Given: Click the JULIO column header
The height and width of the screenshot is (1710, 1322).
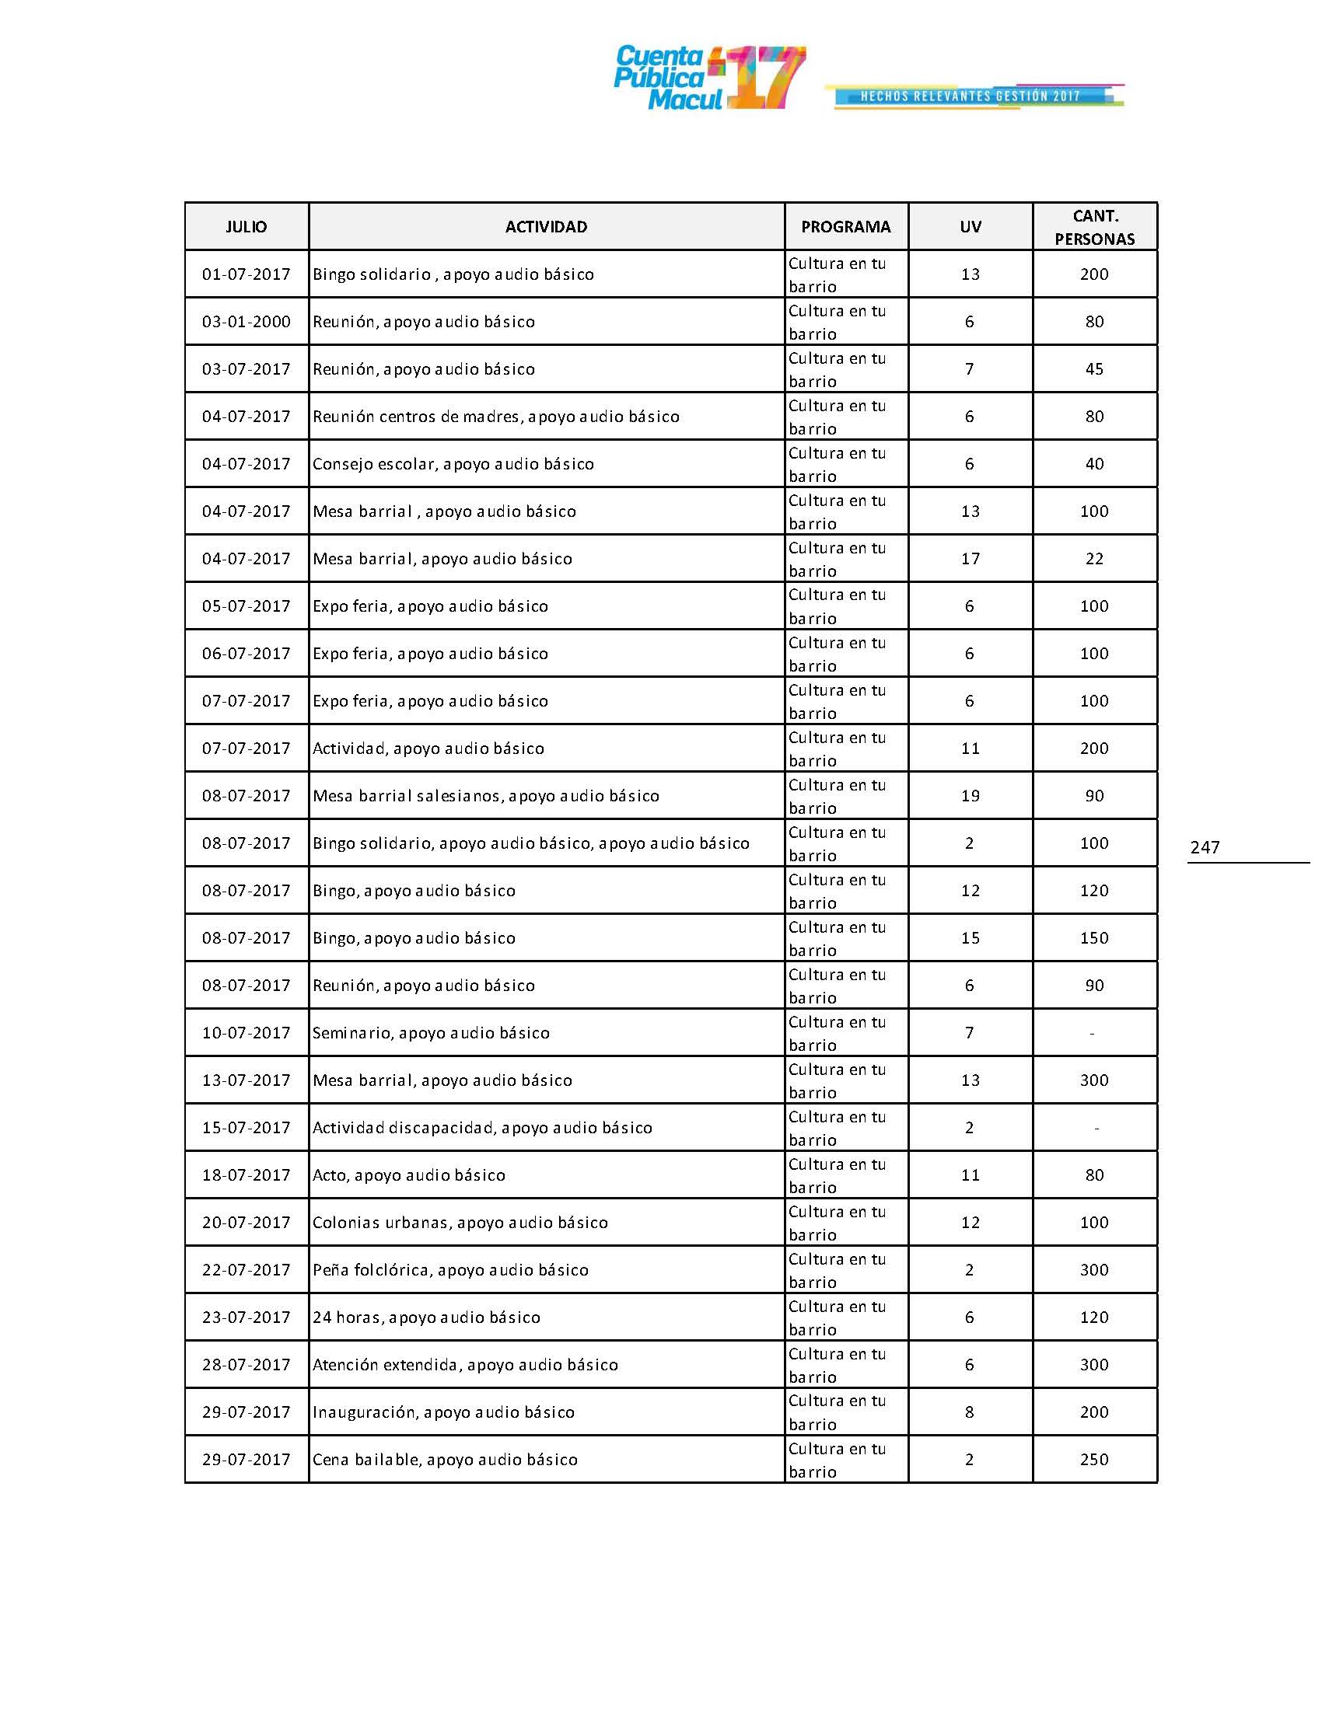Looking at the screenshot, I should (246, 227).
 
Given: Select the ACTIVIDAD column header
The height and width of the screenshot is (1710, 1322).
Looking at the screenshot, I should (546, 227).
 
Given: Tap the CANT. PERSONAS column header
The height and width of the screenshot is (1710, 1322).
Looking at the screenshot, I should (1094, 227).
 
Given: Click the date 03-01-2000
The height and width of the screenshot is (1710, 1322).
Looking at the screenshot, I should (246, 322).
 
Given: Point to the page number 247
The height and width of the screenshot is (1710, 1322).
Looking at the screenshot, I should (1205, 847).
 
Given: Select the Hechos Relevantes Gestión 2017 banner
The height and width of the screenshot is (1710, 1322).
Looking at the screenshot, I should (971, 96).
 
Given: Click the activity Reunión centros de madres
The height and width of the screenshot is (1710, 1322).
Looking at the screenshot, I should (496, 417).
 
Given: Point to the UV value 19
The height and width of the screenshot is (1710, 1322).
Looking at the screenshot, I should (970, 796).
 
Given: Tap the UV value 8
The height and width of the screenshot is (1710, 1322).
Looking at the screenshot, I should (970, 1412).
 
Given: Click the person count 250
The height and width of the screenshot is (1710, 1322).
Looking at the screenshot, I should (1094, 1460).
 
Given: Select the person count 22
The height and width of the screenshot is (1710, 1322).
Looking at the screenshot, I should (1094, 559).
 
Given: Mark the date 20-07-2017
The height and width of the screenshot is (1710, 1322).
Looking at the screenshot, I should (246, 1222).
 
